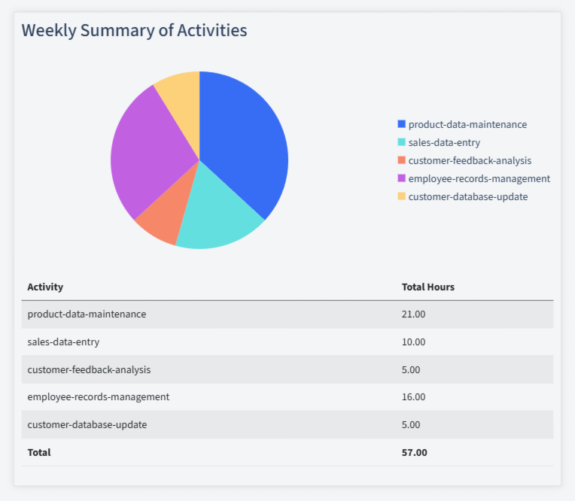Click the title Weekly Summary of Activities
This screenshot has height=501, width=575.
pyautogui.click(x=134, y=31)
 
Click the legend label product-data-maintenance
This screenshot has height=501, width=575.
pyautogui.click(x=467, y=124)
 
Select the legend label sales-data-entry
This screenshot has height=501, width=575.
pyautogui.click(x=444, y=142)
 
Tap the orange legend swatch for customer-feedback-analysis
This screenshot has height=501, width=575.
pyautogui.click(x=401, y=160)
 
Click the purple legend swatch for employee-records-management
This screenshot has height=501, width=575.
pyautogui.click(x=401, y=178)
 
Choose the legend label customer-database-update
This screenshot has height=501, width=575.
pyautogui.click(x=467, y=196)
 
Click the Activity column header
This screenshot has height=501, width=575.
pyautogui.click(x=45, y=287)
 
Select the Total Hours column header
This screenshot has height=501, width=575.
pyautogui.click(x=427, y=287)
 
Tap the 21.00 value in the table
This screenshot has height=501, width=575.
pyautogui.click(x=413, y=314)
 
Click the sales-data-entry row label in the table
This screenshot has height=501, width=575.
pyautogui.click(x=63, y=342)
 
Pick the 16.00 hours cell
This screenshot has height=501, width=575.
pyautogui.click(x=413, y=396)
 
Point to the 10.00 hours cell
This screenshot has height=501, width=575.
pyautogui.click(x=413, y=342)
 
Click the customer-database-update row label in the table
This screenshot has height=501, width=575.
pyautogui.click(x=87, y=424)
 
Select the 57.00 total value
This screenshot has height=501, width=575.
pyautogui.click(x=414, y=452)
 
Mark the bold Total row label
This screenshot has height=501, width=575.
pyautogui.click(x=39, y=452)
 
